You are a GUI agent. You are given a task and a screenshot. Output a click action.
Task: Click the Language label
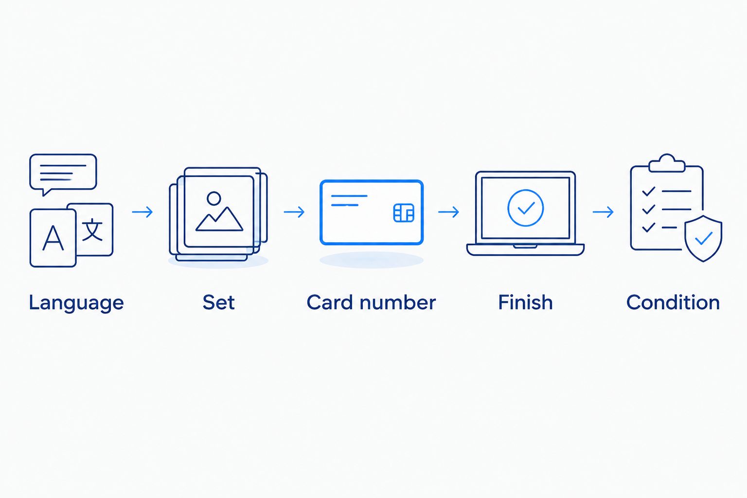76,303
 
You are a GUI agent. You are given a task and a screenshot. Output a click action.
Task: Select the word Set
219,302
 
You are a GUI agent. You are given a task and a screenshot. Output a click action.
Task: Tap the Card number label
371,302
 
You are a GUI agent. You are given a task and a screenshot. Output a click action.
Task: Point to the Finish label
526,302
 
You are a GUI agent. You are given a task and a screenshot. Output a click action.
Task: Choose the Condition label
673,302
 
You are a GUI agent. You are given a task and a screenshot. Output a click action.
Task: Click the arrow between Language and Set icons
142,212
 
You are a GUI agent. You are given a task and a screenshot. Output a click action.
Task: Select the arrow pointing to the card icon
294,212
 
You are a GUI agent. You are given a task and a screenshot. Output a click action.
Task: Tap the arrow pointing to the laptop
448,212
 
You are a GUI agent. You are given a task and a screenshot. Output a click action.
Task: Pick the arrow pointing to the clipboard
603,212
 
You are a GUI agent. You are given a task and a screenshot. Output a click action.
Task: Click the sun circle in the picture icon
214,198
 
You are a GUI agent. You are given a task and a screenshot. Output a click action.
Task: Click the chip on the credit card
404,213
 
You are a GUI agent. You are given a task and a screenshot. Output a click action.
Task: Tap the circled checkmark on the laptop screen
526,190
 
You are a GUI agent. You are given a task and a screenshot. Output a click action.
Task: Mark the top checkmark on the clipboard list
649,191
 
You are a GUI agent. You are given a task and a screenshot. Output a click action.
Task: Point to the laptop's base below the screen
525,250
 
